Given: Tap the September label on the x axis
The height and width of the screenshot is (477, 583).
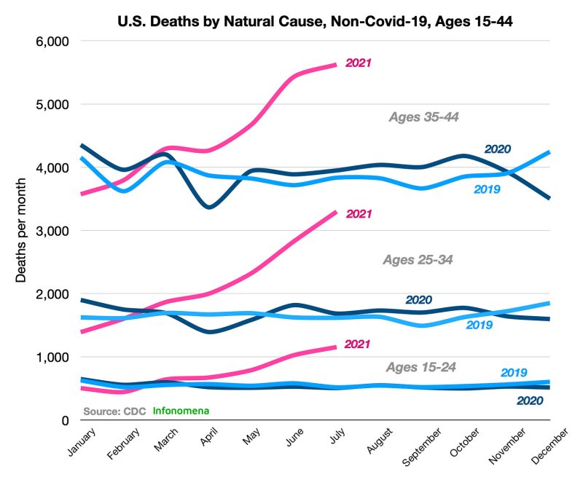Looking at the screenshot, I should pyautogui.click(x=423, y=445).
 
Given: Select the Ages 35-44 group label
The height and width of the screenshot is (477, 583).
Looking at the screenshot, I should pyautogui.click(x=423, y=117).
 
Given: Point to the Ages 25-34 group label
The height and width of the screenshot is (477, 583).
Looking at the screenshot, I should pyautogui.click(x=418, y=259).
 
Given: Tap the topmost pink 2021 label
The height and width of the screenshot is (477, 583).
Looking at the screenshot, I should pyautogui.click(x=359, y=63).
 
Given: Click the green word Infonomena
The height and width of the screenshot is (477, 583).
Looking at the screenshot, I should pyautogui.click(x=181, y=410).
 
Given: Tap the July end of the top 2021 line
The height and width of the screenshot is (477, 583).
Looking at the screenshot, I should pyautogui.click(x=335, y=65).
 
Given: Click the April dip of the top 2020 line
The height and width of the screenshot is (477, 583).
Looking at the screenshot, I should pyautogui.click(x=209, y=207).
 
